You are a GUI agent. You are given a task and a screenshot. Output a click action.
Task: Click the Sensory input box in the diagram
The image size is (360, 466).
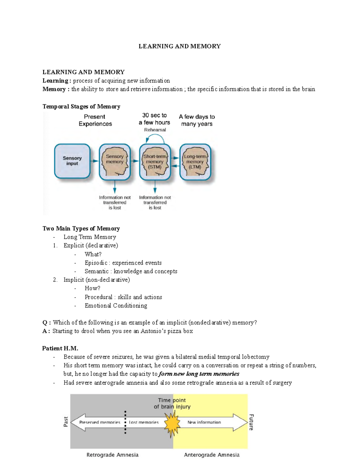(72, 161)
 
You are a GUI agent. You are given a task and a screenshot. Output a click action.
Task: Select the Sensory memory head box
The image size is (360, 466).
(115, 161)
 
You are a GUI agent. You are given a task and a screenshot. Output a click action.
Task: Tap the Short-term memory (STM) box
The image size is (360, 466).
(155, 161)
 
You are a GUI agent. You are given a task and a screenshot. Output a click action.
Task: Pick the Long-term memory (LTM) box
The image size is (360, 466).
(195, 161)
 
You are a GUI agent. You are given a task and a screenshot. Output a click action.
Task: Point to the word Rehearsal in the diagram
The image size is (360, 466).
(155, 130)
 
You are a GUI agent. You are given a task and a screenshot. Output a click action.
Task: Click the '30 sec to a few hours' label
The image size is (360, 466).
(154, 119)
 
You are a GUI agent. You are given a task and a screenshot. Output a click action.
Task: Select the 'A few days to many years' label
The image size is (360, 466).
(197, 120)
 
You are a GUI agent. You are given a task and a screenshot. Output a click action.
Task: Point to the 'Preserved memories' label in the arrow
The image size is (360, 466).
(100, 422)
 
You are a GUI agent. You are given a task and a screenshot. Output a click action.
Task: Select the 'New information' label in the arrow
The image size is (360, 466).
(204, 422)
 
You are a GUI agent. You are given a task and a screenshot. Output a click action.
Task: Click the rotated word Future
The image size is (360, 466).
(251, 422)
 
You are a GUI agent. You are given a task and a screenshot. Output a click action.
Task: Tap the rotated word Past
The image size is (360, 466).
(66, 421)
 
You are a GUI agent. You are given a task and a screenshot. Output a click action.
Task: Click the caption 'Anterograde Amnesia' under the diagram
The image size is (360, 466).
(211, 455)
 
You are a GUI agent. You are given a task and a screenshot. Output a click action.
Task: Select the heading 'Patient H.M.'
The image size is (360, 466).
(60, 348)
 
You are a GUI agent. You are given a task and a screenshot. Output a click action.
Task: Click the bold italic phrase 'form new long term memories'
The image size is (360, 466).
(199, 374)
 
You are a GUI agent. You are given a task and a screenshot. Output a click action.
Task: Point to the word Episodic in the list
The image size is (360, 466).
(96, 263)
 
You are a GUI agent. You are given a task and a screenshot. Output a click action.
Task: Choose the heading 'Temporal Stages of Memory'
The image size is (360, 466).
(81, 107)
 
